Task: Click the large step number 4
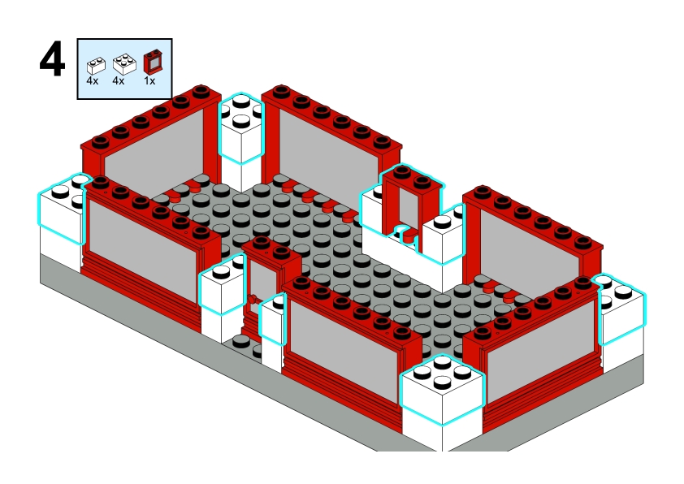tap(52, 60)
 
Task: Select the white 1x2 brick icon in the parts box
tap(96, 66)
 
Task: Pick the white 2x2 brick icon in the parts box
tap(124, 64)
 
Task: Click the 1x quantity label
tap(149, 81)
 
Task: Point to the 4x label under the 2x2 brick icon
tap(119, 81)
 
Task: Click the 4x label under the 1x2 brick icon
tap(93, 81)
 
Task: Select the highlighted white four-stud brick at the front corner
tap(442, 389)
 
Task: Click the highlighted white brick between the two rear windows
tap(240, 128)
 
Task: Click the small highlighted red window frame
tap(410, 201)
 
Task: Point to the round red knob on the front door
tap(252, 299)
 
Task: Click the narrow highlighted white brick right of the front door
tap(273, 319)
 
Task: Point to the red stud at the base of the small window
tap(409, 236)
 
